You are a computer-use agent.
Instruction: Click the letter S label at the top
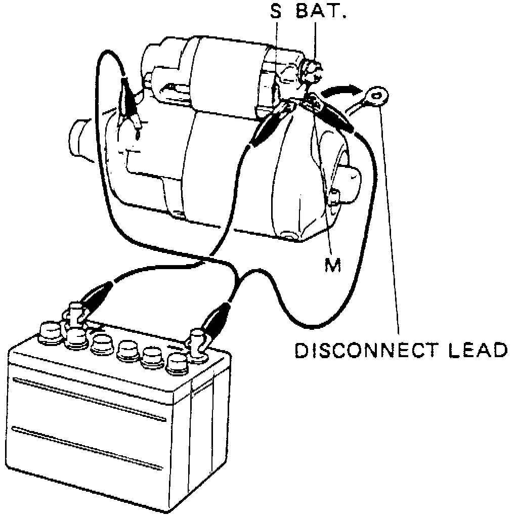tap(275, 12)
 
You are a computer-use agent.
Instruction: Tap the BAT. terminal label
tap(320, 12)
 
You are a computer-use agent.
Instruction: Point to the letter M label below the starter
tap(332, 264)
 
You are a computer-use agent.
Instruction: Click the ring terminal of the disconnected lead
tap(375, 94)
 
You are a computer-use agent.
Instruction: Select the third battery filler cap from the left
tap(101, 344)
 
